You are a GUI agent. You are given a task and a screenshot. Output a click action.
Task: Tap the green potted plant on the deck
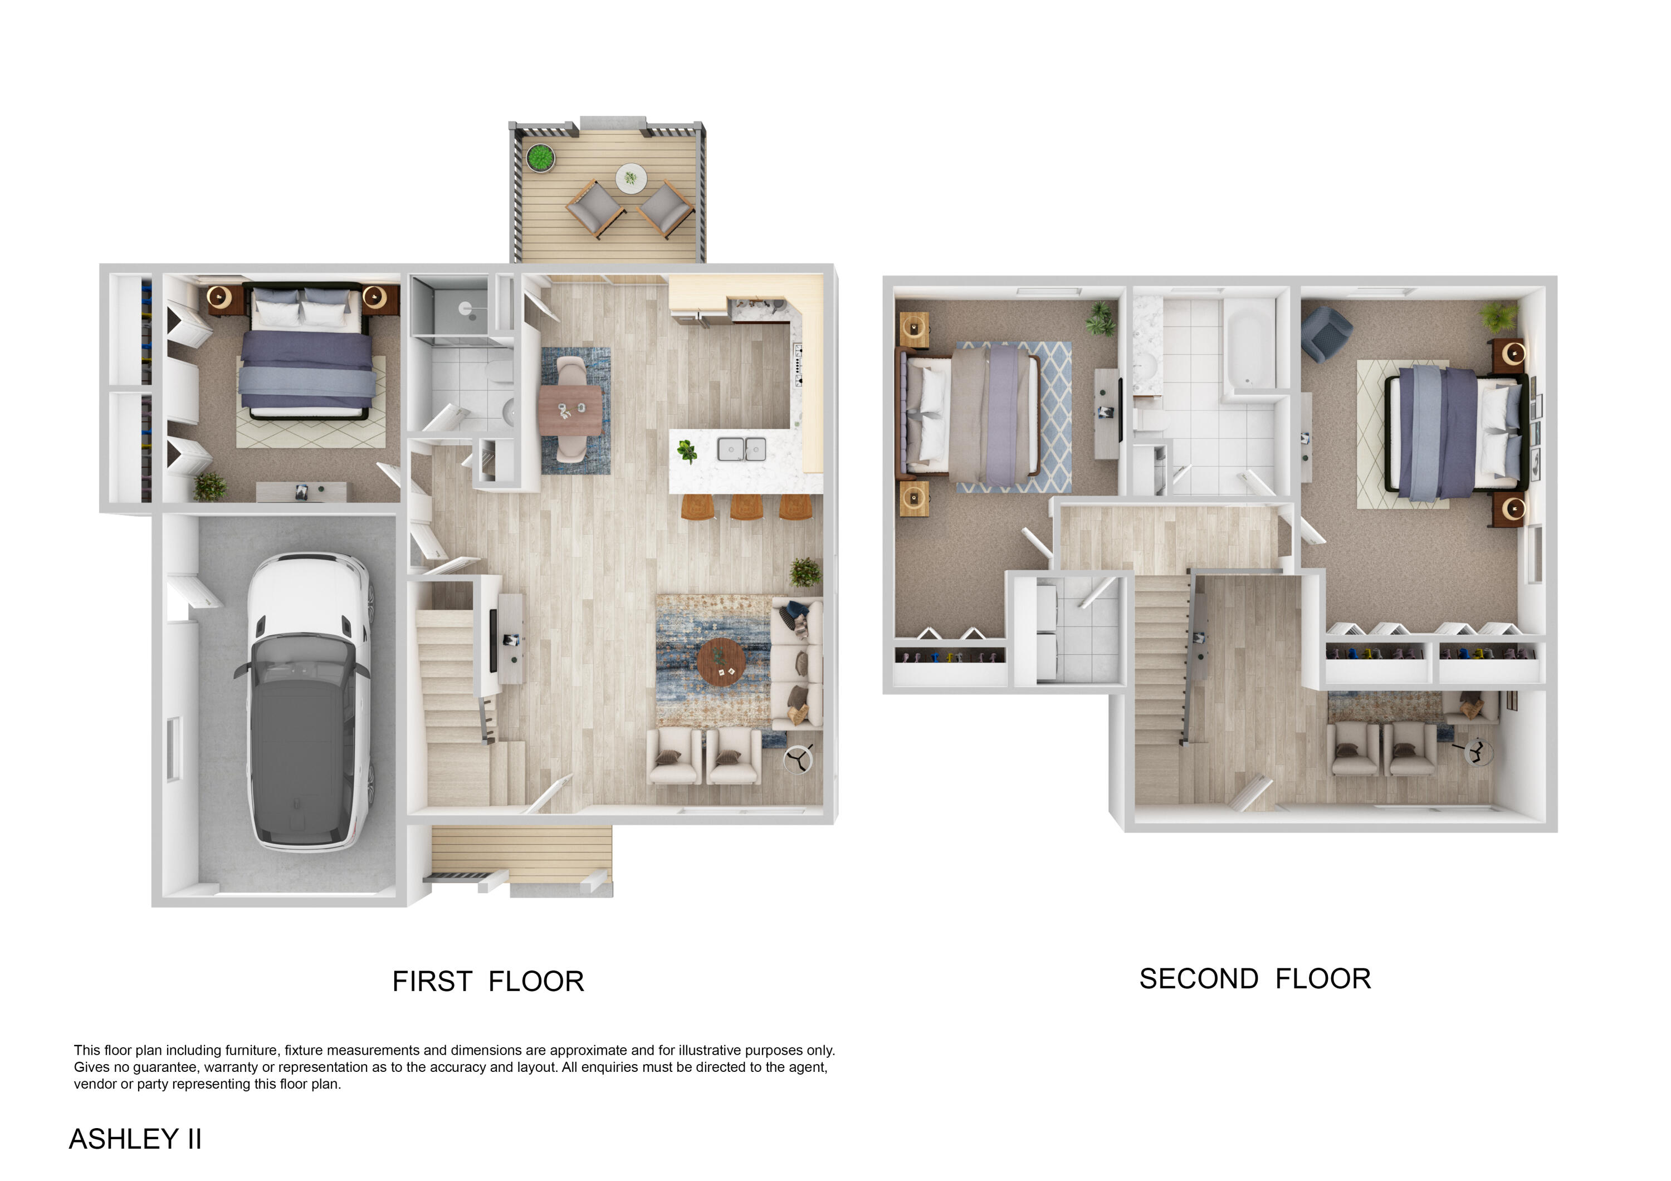539,157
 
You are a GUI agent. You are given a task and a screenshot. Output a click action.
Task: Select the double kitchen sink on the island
741,449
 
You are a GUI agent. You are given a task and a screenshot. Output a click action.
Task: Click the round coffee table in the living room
721,662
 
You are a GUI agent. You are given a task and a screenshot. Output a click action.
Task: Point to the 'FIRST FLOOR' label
487,982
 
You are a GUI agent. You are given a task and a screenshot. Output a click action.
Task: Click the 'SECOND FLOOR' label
1255,979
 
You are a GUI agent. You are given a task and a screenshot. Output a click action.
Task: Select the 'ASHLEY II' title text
135,1139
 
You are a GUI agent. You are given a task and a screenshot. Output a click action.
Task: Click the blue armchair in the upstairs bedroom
1326,332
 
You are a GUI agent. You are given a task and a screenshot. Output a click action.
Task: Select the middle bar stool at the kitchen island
746,507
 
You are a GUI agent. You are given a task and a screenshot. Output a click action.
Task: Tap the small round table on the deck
631,178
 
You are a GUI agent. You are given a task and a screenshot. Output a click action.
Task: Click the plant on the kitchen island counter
686,451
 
